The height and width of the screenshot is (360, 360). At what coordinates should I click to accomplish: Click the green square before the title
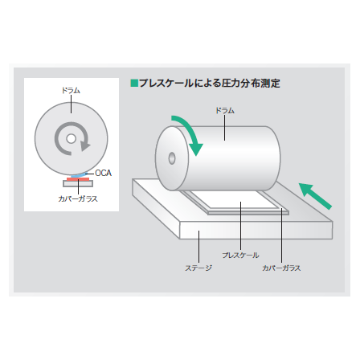[134, 83]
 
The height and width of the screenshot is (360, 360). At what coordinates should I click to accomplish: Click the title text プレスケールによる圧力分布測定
[210, 84]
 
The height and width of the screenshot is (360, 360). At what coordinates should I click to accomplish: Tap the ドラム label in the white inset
[71, 91]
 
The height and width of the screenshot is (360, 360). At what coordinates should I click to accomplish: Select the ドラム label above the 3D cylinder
[225, 110]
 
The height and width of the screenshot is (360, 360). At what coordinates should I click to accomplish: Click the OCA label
[104, 173]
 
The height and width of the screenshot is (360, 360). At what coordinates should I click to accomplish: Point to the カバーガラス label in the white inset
[78, 198]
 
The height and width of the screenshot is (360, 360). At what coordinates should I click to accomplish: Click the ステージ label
[198, 268]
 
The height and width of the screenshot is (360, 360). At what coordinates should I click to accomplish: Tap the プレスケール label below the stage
[240, 255]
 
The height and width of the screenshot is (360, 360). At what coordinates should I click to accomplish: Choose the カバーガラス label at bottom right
[281, 268]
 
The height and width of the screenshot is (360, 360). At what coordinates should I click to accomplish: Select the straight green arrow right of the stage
[315, 196]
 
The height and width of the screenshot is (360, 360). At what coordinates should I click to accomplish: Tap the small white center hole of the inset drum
[71, 139]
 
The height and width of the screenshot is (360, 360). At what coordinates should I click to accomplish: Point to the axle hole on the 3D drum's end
[172, 158]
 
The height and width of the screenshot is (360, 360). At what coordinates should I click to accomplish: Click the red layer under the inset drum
[78, 179]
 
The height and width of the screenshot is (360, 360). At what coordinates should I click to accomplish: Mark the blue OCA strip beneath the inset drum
[80, 175]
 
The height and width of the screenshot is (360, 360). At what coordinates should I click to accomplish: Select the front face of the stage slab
[256, 231]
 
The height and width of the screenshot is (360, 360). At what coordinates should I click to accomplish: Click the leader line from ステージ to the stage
[198, 247]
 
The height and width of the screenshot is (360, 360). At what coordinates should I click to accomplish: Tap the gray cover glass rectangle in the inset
[78, 183]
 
